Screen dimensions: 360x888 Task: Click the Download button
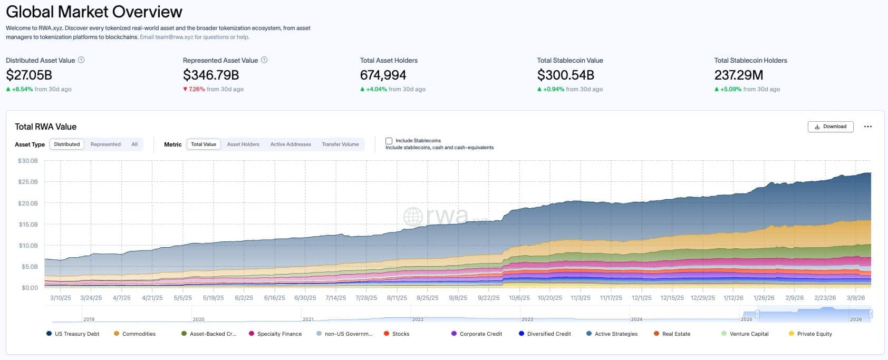click(831, 127)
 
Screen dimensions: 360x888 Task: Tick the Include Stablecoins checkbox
click(389, 141)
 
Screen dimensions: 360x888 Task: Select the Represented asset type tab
click(105, 144)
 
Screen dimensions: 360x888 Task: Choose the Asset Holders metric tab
click(243, 144)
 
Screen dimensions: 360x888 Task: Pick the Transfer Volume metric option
click(340, 144)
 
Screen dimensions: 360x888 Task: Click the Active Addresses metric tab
click(291, 144)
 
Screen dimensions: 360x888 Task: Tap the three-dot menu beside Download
click(867, 127)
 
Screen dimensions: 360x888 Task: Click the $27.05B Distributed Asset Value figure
click(29, 75)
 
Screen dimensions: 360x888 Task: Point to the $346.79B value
click(211, 75)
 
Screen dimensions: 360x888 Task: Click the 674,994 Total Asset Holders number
click(383, 75)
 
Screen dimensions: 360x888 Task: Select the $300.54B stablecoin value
click(566, 75)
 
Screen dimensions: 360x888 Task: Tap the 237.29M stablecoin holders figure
click(739, 75)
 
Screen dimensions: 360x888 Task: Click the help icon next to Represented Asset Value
click(264, 60)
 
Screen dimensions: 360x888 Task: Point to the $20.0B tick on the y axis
click(28, 203)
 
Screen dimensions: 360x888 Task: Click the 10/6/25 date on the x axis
click(519, 298)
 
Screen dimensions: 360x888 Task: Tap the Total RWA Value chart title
click(45, 127)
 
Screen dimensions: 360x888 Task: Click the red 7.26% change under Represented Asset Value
click(197, 89)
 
